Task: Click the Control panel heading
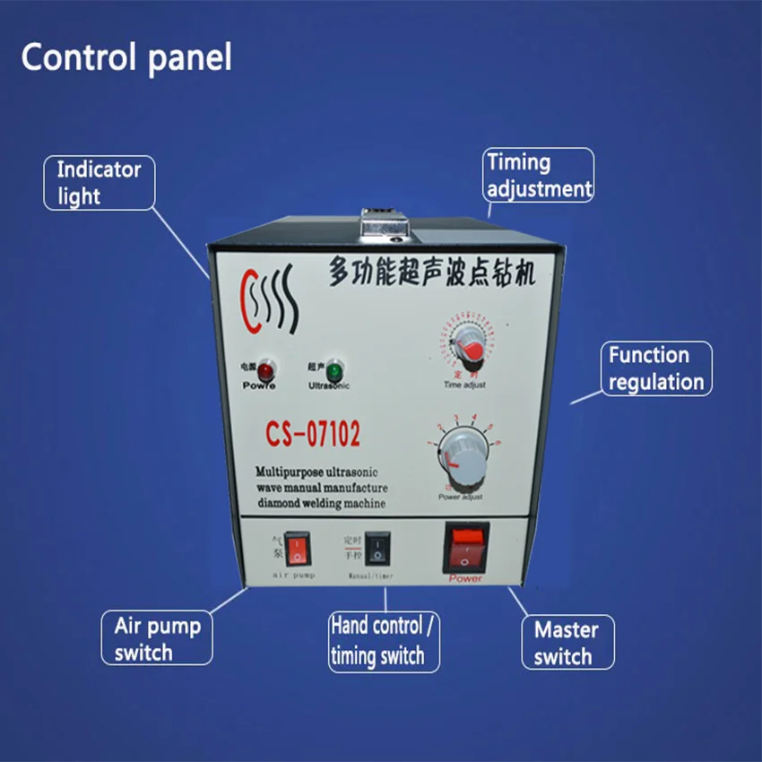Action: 126,57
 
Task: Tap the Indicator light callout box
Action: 100,183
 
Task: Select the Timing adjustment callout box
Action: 539,175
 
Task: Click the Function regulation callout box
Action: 656,368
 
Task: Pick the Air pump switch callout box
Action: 158,637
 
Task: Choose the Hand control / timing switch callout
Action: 383,641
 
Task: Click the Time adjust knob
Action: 464,347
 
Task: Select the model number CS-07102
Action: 312,435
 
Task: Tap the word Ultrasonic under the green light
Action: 329,385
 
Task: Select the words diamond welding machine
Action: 320,503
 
